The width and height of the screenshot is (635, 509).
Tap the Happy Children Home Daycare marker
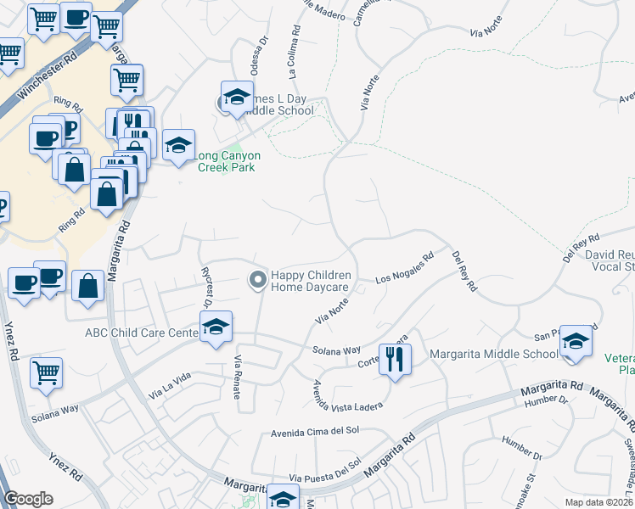coord(257,279)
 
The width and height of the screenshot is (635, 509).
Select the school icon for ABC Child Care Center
coord(216,327)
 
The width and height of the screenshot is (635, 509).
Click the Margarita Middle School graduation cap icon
coord(576,342)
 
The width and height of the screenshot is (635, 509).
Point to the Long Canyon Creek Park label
coord(228,161)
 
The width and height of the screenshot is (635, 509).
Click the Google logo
coord(29,499)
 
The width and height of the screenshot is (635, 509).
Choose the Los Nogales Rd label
coord(405,266)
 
